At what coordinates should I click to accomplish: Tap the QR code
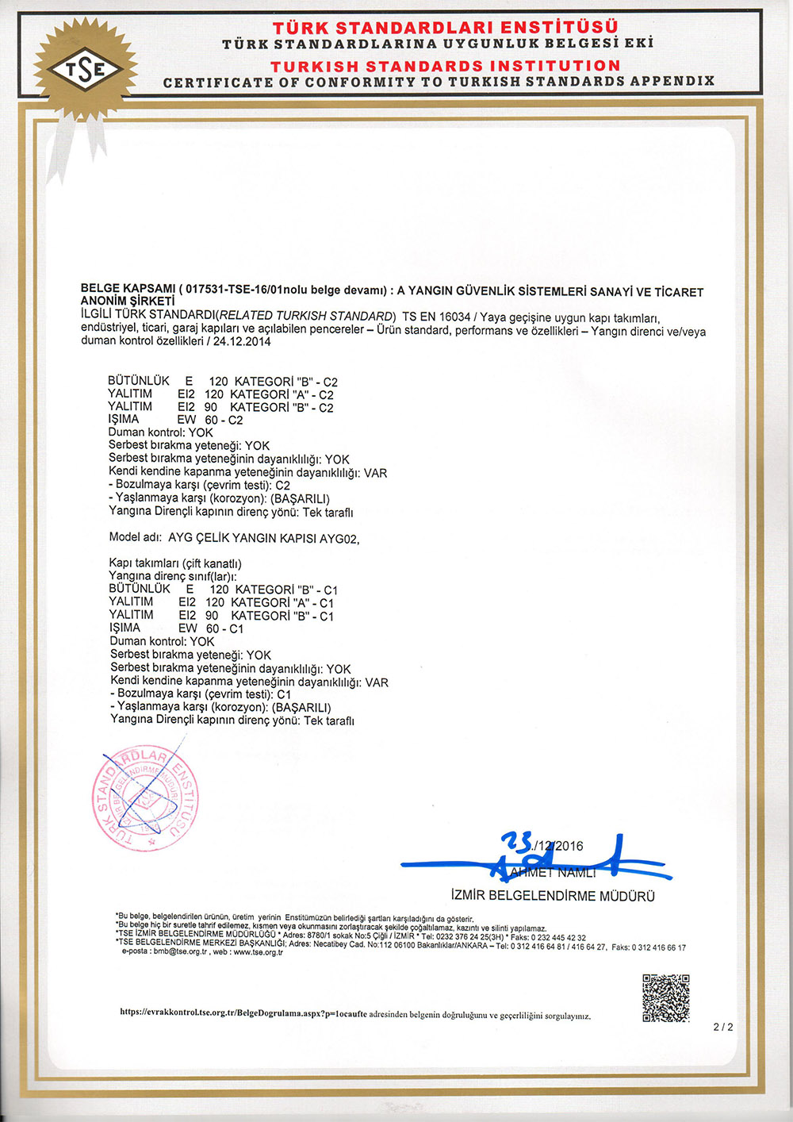[x=665, y=997]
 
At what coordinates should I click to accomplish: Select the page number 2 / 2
[x=723, y=1027]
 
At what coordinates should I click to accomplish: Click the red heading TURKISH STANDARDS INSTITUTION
[x=445, y=66]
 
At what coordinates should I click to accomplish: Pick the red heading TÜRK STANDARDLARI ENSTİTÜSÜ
[x=445, y=28]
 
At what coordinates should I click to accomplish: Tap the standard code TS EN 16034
[x=436, y=316]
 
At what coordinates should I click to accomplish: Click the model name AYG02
[x=339, y=539]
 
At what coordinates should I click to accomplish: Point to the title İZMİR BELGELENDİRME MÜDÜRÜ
[x=553, y=896]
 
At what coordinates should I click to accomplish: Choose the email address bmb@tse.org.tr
[x=180, y=951]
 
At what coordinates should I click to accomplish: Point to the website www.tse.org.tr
[x=257, y=951]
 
